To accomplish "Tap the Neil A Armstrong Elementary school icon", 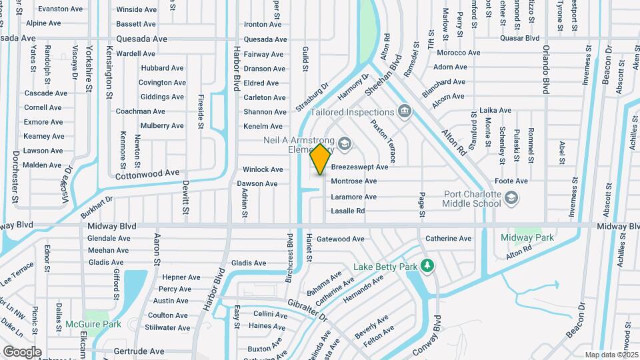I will pos(344,143).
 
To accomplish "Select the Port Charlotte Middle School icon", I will pos(511,197).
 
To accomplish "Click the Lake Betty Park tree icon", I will pos(427,266).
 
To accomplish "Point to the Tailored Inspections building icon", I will pos(403,110).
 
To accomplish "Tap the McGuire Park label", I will pos(93,325).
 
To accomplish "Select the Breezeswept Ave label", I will pos(359,167).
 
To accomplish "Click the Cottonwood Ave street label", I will pos(147,174).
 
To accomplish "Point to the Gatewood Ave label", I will pos(341,239).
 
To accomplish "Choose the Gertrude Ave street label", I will pos(139,351).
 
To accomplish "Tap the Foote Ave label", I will pos(512,181).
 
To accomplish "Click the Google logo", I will pos(22,351).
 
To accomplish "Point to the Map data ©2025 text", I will pos(611,355).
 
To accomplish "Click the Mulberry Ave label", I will pos(162,125).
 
